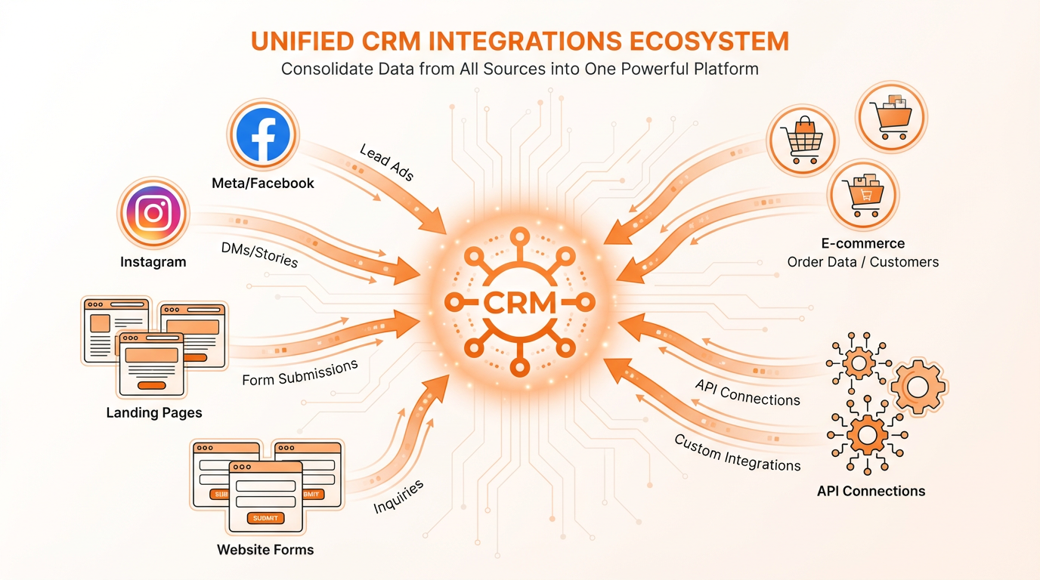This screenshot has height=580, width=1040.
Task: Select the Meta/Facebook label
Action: click(263, 183)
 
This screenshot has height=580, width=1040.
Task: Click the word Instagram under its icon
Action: click(153, 262)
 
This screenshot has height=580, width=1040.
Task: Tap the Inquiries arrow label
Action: click(398, 496)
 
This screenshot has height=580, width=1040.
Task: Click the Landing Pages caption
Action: click(154, 413)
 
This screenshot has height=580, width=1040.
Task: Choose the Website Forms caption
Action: click(265, 549)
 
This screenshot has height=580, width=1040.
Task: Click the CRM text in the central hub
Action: click(518, 302)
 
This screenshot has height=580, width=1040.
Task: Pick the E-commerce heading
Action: click(862, 244)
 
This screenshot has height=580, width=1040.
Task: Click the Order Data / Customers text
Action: click(862, 262)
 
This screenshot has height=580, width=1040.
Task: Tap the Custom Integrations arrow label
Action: click(737, 452)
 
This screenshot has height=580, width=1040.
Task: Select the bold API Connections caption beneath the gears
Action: click(871, 491)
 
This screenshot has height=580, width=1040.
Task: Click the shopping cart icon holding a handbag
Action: click(802, 139)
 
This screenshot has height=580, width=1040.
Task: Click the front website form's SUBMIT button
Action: click(265, 518)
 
